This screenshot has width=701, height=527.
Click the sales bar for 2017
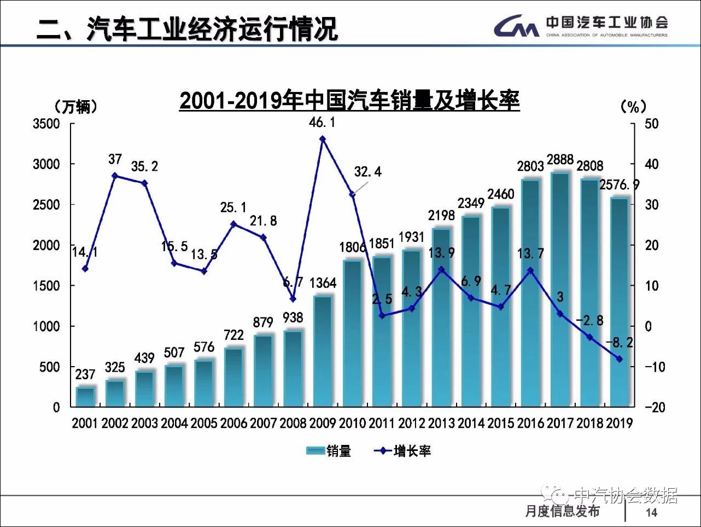(x=560, y=290)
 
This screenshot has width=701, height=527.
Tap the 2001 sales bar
(x=85, y=397)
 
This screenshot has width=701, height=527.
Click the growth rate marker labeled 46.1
(x=323, y=139)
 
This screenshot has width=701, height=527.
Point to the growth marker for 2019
(x=620, y=359)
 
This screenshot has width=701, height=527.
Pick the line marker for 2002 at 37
(x=115, y=176)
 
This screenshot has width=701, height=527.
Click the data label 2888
(x=560, y=160)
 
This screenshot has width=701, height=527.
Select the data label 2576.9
(x=619, y=185)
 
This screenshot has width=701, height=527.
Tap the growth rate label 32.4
(x=367, y=172)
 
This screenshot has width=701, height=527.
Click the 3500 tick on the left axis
(x=47, y=124)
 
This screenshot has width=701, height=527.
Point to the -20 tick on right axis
(x=655, y=407)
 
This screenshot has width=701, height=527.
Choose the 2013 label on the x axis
(x=441, y=423)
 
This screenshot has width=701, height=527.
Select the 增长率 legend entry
(x=402, y=451)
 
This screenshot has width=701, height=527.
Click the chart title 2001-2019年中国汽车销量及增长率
(x=349, y=101)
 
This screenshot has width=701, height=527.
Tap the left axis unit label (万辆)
(x=76, y=106)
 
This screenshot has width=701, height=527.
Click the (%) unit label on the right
(x=634, y=106)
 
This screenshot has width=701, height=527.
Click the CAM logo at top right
(x=516, y=26)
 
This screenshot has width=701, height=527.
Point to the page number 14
(x=651, y=512)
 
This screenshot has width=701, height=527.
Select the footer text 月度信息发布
(x=562, y=511)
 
